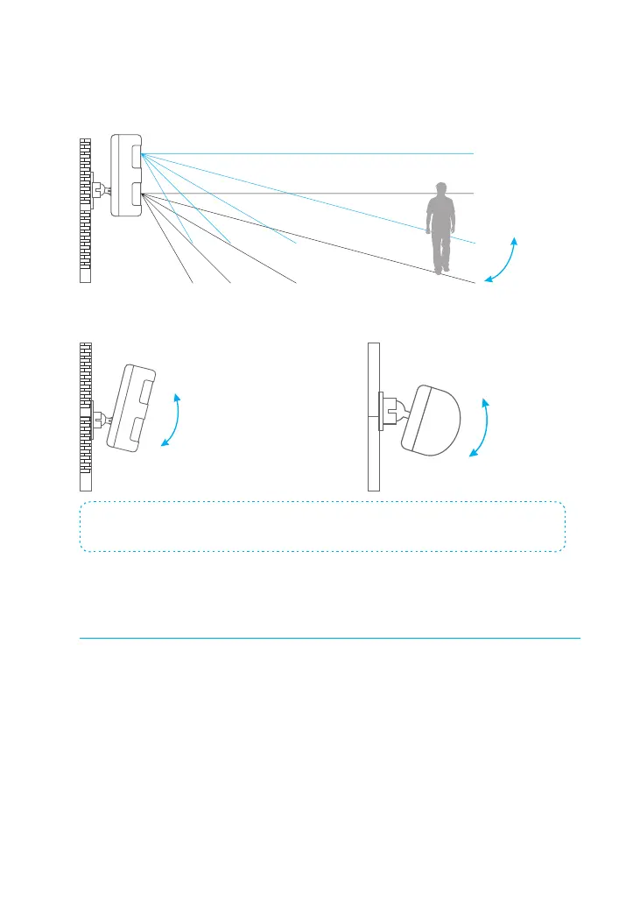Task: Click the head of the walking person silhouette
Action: pos(442,188)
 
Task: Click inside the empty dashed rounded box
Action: pos(322,527)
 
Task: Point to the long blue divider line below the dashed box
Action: pos(329,639)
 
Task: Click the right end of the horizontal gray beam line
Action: pos(472,193)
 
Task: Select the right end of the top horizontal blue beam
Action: pos(472,153)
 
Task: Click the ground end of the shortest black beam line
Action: pos(192,282)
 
